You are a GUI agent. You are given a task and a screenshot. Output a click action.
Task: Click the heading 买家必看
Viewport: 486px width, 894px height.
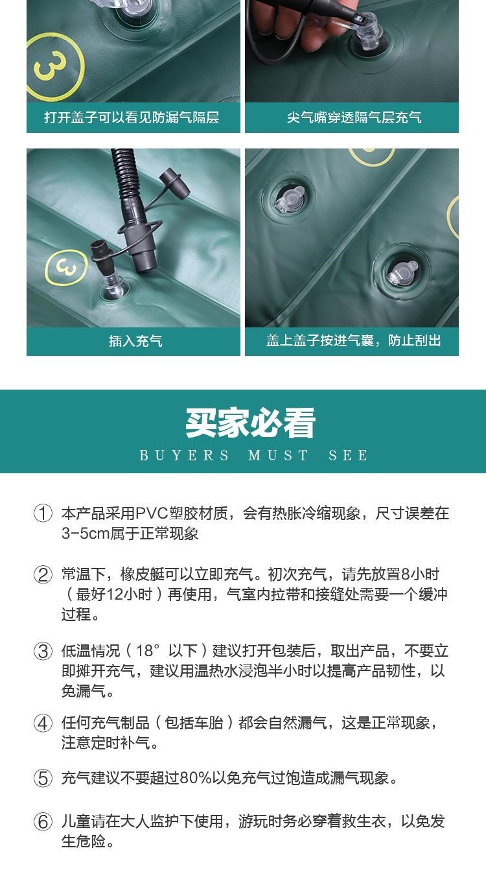250,423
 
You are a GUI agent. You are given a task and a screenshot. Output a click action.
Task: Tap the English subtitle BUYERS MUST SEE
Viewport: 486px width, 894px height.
253,455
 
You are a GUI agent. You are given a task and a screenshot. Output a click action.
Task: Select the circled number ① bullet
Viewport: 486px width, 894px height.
43,513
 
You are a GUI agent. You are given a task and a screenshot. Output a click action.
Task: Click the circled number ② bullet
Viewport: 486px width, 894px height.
43,574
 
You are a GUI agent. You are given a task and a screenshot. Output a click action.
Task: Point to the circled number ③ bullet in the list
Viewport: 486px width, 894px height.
43,652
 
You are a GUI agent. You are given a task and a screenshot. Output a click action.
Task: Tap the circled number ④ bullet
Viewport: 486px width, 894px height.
43,723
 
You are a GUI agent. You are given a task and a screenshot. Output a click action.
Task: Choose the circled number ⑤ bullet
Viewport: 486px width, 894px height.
43,778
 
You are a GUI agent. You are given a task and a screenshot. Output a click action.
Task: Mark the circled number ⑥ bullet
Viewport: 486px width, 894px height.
43,822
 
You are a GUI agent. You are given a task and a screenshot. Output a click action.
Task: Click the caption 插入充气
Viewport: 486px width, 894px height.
135,341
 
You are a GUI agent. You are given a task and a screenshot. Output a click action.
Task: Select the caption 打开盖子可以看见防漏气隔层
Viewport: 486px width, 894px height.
132,117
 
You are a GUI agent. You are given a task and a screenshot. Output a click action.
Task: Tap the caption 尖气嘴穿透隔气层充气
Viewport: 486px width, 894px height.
354,117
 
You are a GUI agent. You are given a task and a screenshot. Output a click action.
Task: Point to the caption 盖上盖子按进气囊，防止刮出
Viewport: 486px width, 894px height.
354,340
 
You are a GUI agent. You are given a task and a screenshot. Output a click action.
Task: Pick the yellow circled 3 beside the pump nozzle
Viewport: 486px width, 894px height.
66,267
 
